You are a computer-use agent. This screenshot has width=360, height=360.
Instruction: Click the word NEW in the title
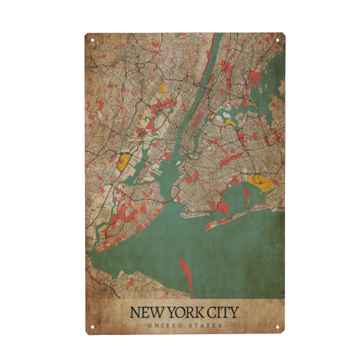[x=146, y=313]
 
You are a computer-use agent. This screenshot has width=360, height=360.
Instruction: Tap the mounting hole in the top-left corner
[x=92, y=40]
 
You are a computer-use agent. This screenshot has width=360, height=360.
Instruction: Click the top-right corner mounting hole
[x=277, y=40]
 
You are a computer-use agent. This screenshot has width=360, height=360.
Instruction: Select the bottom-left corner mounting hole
[x=92, y=327]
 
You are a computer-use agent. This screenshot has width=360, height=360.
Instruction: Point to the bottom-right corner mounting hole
[x=278, y=327]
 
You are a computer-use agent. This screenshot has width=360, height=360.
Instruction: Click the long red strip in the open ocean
[x=187, y=277]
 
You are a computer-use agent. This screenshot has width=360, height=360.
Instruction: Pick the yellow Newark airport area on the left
[x=124, y=162]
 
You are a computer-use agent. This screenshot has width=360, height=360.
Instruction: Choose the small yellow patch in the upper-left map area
[x=163, y=87]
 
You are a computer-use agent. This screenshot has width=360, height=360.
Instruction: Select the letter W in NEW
[x=154, y=313]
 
